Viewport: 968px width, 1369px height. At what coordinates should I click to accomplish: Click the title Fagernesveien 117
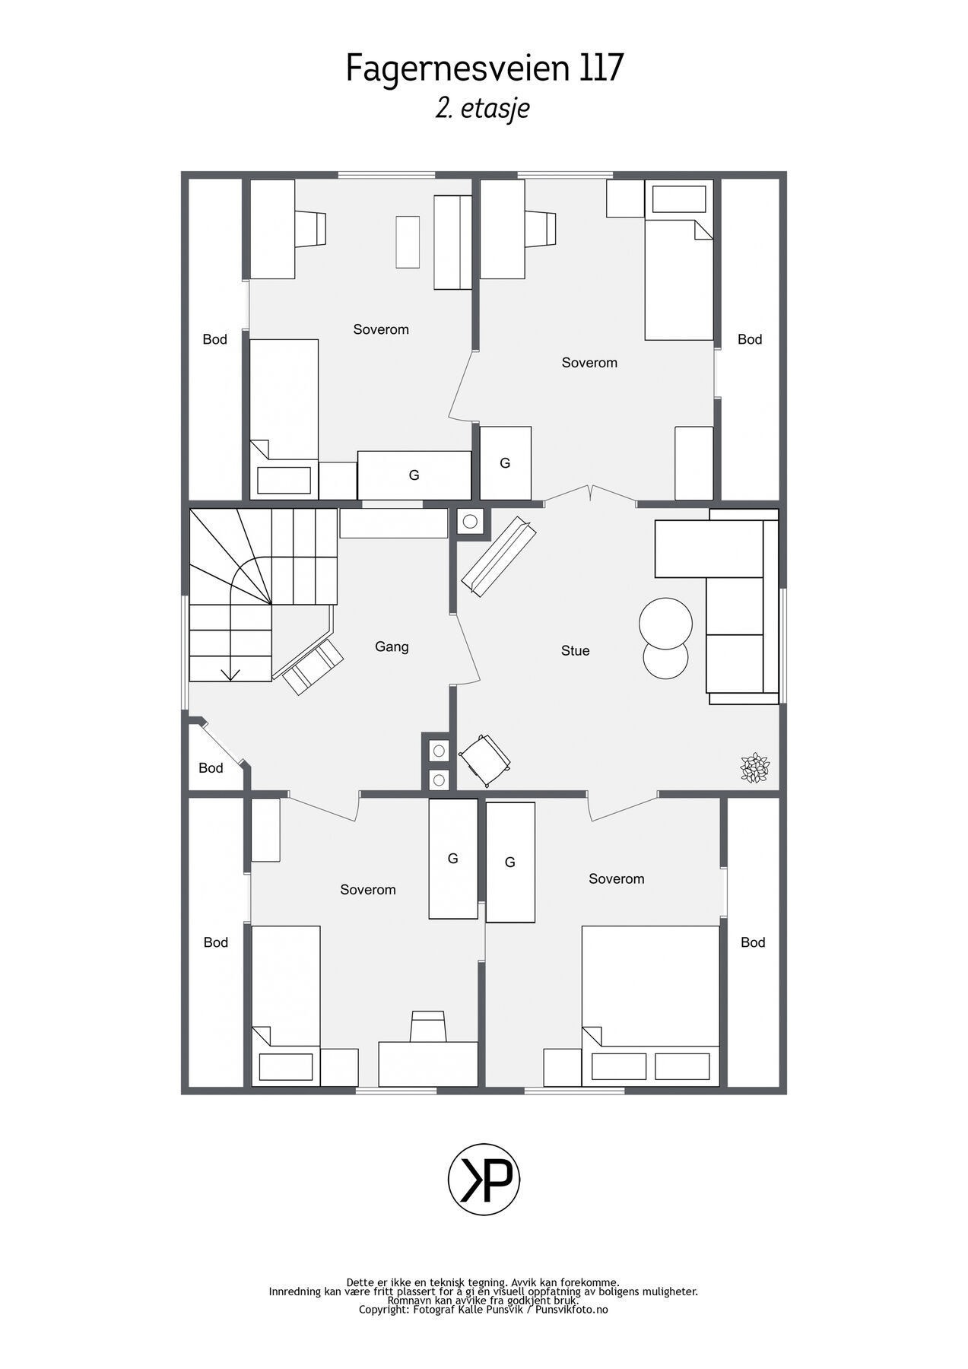484,68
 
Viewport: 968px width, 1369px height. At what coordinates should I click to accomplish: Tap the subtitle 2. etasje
482,109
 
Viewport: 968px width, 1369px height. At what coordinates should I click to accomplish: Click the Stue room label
575,650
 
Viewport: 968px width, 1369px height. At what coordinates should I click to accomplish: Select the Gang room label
392,646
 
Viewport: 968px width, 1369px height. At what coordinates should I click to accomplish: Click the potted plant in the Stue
754,767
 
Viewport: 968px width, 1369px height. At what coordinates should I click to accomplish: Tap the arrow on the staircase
230,672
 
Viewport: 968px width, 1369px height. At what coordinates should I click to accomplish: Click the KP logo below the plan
484,1180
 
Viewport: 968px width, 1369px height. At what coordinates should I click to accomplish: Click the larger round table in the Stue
665,623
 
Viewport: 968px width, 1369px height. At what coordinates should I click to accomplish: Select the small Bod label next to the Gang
211,767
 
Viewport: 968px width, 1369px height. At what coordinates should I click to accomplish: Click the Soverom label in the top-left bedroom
381,329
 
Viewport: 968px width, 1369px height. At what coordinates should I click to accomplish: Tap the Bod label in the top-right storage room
749,339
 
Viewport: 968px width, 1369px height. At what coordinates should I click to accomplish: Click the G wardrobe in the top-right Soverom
505,462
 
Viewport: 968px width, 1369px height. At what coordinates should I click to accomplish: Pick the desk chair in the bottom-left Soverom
427,1027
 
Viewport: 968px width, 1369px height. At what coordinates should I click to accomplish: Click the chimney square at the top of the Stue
470,522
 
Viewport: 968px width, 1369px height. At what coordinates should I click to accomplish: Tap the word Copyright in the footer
384,1310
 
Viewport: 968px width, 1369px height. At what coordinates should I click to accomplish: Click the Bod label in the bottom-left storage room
215,942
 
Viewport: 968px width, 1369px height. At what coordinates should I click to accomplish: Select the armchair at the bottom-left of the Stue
484,758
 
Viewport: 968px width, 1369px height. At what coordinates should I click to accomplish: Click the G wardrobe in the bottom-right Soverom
510,862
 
